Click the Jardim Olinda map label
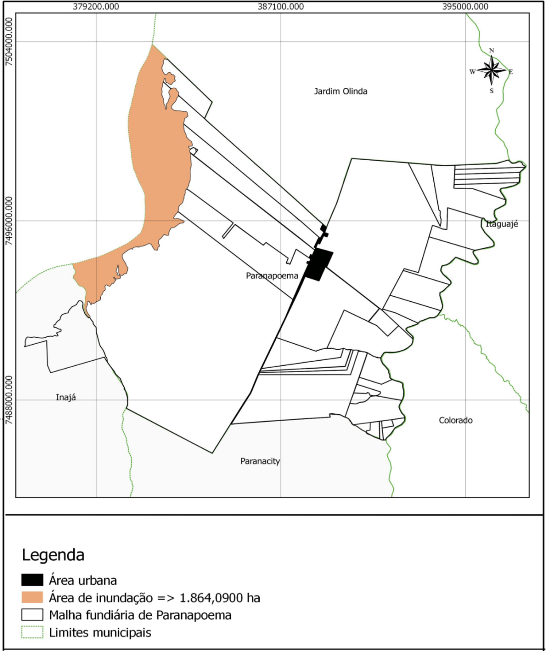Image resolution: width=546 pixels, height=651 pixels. [341, 91]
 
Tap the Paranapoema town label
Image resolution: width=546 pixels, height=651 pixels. [272, 275]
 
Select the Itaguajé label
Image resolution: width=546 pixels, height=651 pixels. [502, 224]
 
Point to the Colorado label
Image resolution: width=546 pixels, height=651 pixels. [455, 420]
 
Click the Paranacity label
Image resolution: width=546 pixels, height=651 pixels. [260, 461]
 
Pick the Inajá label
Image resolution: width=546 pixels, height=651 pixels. [66, 398]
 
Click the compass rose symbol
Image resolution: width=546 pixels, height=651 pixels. [492, 70]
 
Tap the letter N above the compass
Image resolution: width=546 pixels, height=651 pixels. [492, 50]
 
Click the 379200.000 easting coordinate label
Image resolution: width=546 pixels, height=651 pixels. [96, 6]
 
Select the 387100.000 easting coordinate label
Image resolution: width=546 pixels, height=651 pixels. [281, 6]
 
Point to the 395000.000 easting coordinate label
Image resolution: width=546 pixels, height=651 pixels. [465, 6]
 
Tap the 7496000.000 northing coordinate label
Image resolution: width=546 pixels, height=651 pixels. [8, 220]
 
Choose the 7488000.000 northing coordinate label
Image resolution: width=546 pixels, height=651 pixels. [8, 400]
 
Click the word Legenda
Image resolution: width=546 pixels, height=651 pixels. [53, 555]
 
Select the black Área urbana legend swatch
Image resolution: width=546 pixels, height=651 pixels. [32, 580]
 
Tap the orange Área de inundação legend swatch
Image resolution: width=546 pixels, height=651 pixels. [32, 597]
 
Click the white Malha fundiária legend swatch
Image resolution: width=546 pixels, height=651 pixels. [32, 615]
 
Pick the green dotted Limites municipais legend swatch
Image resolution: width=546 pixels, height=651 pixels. [32, 632]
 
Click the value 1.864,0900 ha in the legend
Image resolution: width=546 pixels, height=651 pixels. [220, 598]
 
